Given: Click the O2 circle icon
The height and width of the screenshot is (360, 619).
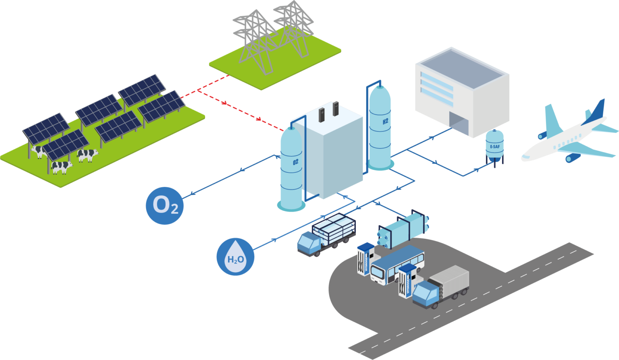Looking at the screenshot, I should (164, 205).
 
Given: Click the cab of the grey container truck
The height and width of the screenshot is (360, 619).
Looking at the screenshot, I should (425, 294).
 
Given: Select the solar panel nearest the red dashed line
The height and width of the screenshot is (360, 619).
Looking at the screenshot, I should (161, 106).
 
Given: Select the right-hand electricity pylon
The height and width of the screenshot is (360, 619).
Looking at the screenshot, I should (293, 26).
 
